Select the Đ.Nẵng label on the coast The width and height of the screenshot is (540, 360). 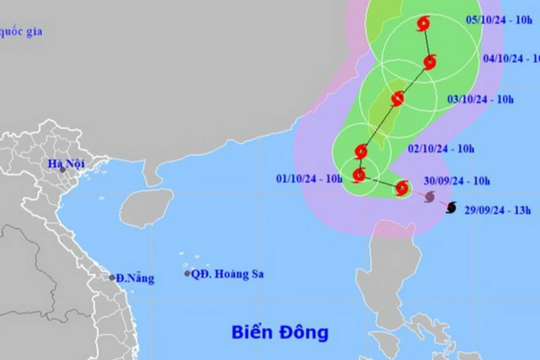pos(133,278)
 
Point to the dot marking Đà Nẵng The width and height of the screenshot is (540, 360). pos(110,277)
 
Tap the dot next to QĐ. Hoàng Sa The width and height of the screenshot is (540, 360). pos(187,273)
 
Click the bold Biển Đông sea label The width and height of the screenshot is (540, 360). pos(281,331)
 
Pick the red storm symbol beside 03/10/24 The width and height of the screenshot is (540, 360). pos(398,99)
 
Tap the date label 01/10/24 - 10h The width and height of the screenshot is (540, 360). pos(308,179)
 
